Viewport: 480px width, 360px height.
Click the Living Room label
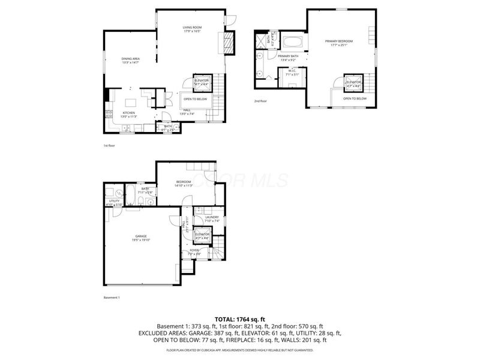191,29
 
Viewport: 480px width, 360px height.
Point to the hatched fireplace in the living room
228,43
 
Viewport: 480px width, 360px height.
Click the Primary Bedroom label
339,42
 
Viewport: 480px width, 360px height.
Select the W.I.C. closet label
293,73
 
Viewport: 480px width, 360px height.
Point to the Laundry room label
212,220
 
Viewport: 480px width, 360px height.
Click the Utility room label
114,202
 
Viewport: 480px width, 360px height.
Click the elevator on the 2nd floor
354,83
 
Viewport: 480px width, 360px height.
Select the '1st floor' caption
109,145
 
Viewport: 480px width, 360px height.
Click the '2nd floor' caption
260,101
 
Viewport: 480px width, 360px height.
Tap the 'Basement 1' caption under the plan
112,298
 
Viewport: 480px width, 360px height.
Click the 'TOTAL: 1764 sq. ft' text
239,318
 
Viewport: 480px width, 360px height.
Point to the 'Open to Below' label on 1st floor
196,99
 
